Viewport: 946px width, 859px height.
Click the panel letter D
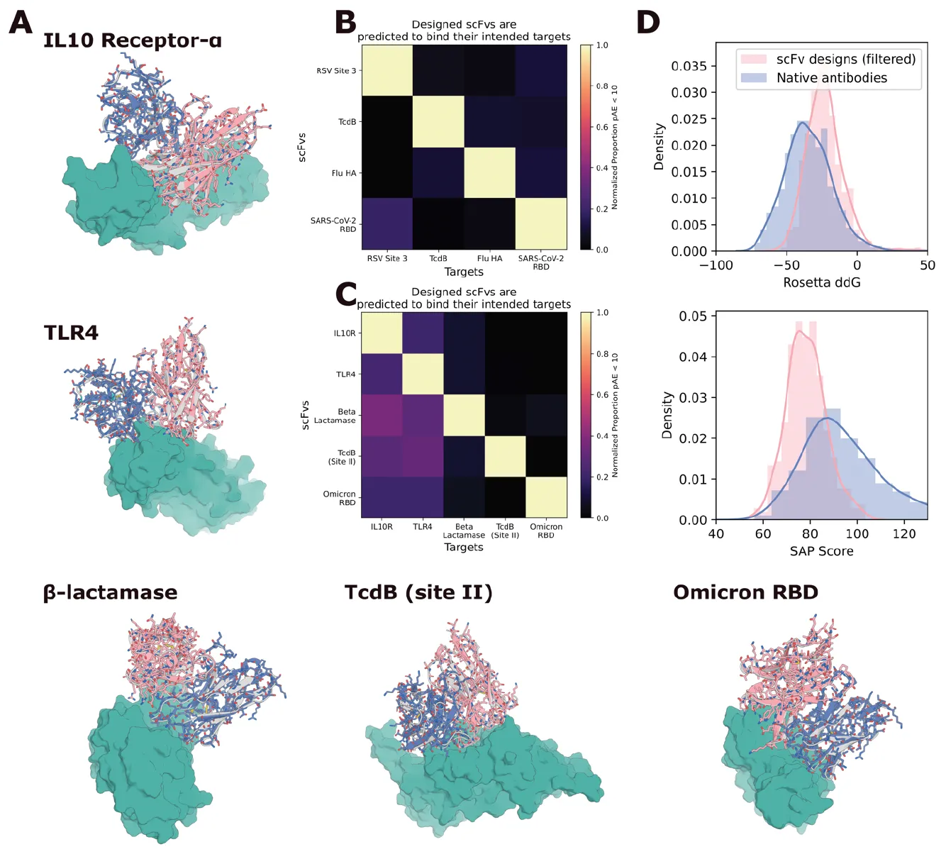click(x=648, y=22)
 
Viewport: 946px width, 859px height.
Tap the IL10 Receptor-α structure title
click(x=133, y=40)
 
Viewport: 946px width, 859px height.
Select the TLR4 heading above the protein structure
click(x=71, y=333)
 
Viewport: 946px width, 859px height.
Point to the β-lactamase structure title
click(x=110, y=592)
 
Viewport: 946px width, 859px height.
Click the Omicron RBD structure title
click(x=745, y=592)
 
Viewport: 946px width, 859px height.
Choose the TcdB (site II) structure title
click(x=418, y=592)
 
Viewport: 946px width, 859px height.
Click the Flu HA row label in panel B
click(x=344, y=173)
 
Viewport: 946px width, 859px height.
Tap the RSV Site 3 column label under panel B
click(x=387, y=259)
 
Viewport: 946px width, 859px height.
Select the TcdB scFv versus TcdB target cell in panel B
click(x=438, y=121)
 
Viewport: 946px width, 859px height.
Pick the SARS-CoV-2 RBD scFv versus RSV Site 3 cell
click(x=387, y=223)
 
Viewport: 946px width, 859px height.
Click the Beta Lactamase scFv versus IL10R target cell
click(x=382, y=415)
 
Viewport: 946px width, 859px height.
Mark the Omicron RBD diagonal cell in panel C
click(x=546, y=497)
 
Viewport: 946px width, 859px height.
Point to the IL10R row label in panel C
click(x=345, y=333)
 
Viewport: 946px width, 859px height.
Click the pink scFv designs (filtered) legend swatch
click(x=753, y=60)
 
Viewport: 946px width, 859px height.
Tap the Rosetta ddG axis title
click(x=821, y=282)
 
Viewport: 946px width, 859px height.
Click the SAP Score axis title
click(x=821, y=551)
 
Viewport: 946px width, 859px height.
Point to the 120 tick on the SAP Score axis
click(x=904, y=534)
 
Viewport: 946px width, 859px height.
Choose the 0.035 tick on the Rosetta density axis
click(x=689, y=66)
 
